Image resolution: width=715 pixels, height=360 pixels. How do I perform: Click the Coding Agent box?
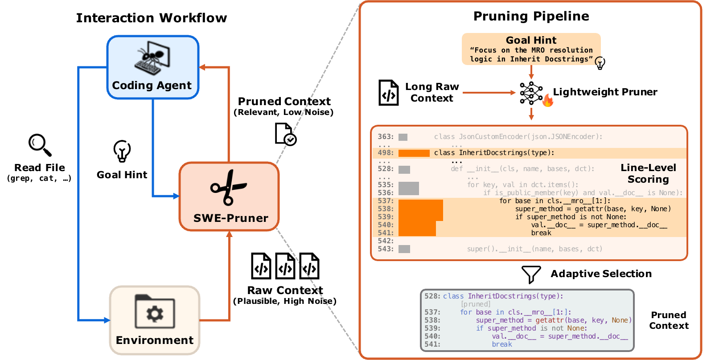tap(152, 67)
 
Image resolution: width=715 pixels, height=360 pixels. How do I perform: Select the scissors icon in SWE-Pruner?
tap(228, 188)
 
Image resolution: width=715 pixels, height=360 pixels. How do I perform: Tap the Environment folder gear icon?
tap(154, 313)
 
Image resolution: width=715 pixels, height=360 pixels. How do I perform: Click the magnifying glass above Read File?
tap(40, 145)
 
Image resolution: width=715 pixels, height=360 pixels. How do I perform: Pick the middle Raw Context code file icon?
tap(285, 266)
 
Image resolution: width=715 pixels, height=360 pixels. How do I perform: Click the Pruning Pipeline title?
tap(531, 16)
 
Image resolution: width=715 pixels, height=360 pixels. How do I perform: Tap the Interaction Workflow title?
tap(151, 18)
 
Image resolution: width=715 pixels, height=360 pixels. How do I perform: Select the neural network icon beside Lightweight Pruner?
tap(530, 93)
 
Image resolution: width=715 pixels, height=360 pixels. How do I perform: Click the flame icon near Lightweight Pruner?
tap(548, 101)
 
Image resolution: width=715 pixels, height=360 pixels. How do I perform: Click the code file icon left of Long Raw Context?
tap(388, 93)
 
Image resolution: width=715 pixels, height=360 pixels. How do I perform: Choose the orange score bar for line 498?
tap(414, 153)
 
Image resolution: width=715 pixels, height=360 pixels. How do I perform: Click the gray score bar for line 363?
tap(403, 137)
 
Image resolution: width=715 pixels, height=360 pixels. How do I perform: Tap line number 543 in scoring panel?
tap(386, 249)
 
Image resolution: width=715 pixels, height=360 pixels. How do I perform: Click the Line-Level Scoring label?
tap(648, 173)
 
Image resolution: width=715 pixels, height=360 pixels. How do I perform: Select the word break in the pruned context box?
tap(502, 344)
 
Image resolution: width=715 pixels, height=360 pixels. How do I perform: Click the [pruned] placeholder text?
tap(476, 304)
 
